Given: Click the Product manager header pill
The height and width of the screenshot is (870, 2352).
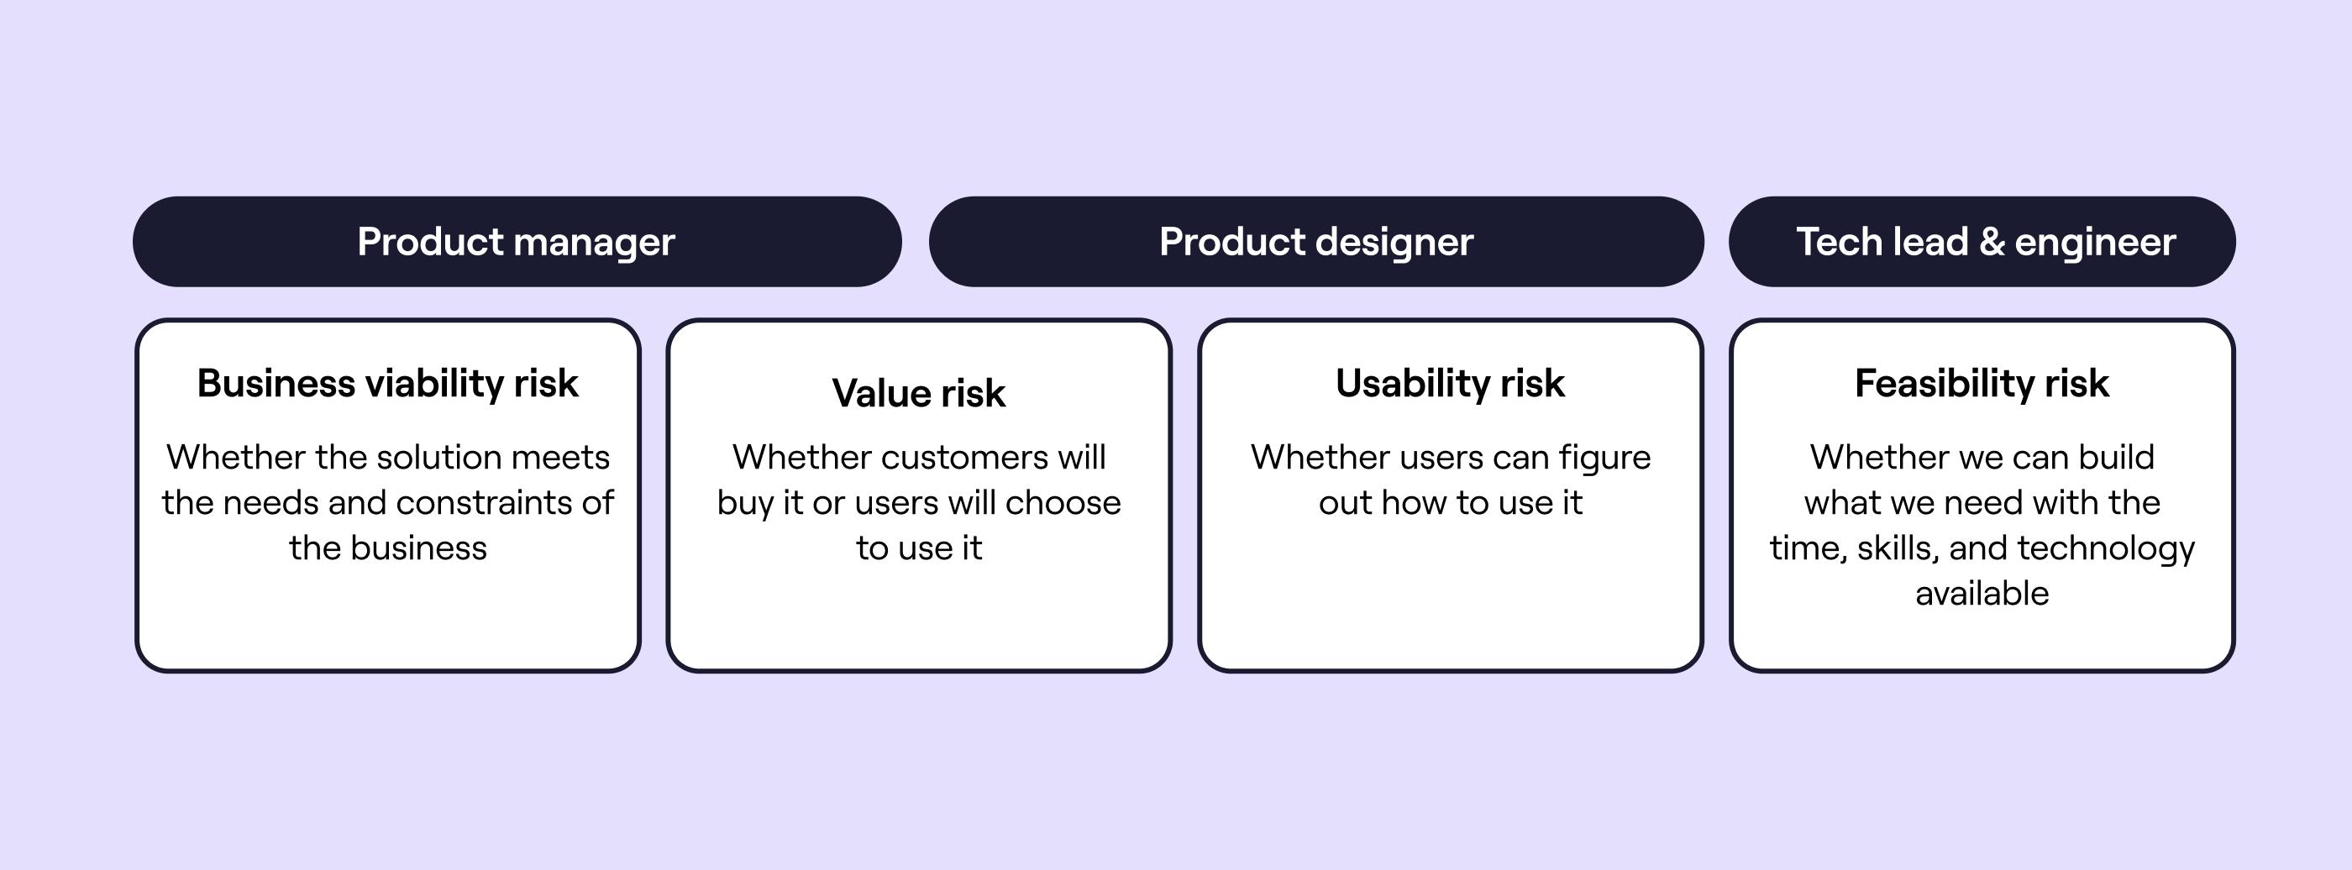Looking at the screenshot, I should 517,242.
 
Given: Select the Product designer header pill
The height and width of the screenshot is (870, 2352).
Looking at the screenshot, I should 1315,242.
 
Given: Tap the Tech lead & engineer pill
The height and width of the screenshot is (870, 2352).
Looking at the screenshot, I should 1982,242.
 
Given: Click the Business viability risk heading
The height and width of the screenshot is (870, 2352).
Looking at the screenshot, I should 387,384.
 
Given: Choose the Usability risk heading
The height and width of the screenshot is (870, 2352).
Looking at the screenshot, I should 1450,384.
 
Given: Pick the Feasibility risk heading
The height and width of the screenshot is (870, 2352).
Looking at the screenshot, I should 1982,384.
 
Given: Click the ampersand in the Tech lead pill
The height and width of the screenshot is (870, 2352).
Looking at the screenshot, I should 1992,242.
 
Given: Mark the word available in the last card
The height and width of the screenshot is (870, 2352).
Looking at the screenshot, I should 1982,595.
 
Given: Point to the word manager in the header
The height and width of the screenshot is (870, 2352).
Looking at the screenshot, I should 594,242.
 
